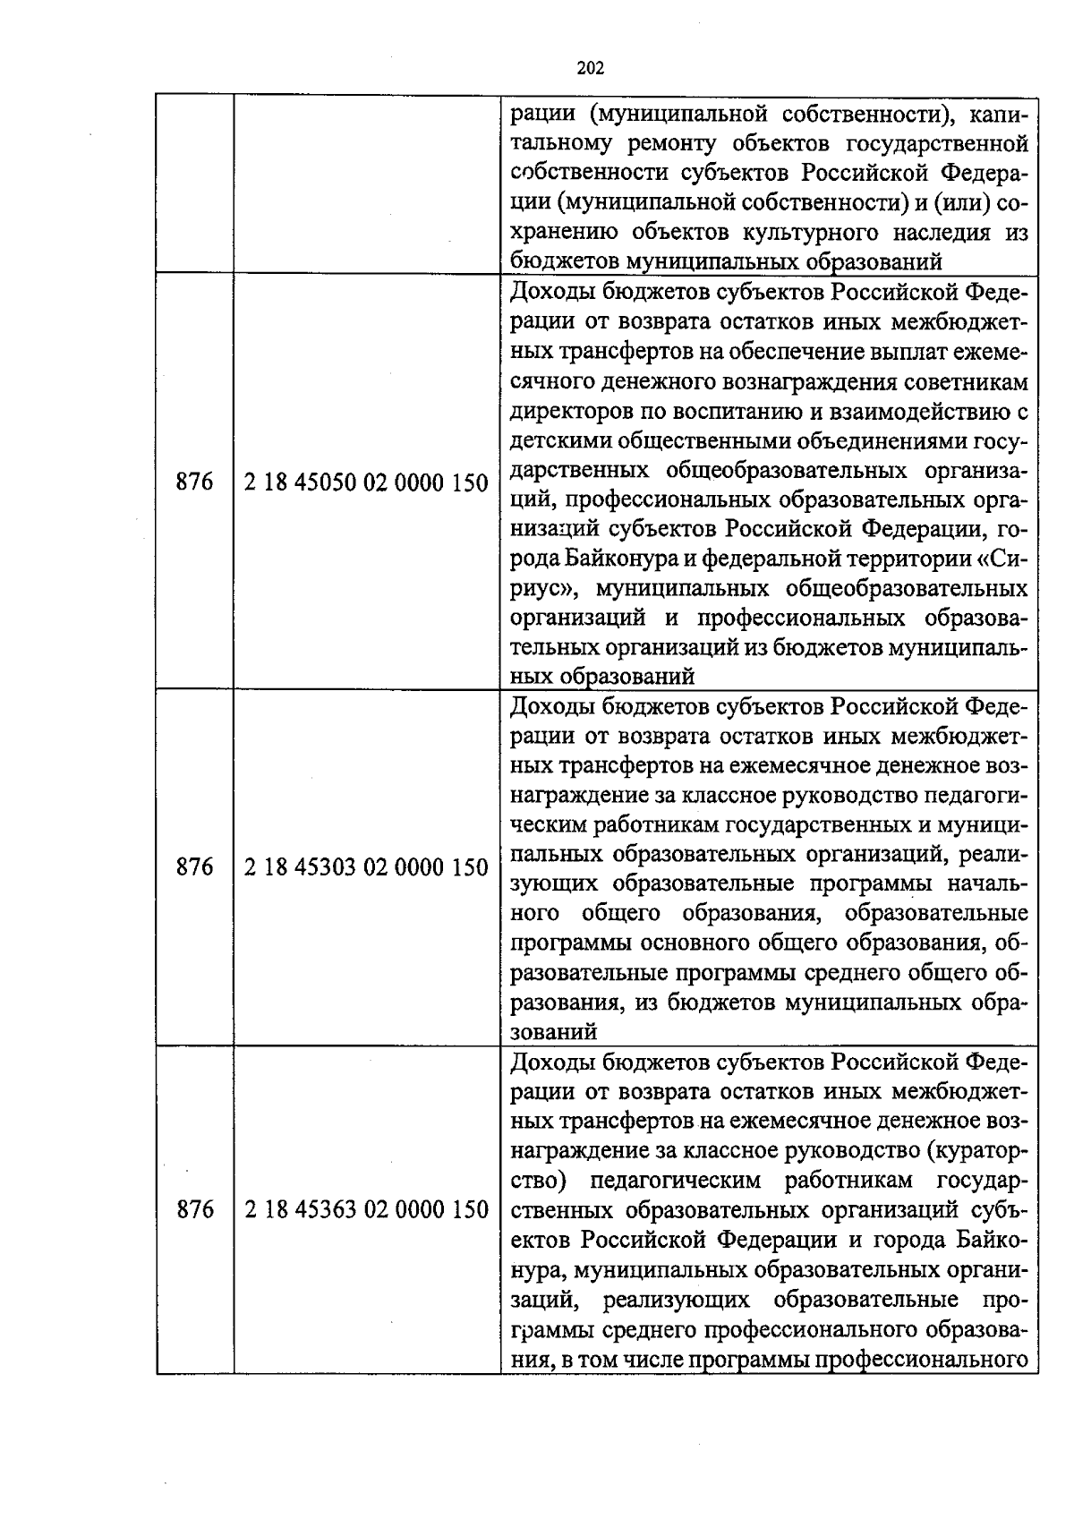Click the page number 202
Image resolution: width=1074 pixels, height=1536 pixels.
coord(591,68)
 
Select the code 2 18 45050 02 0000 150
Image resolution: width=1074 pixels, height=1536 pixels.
coord(366,483)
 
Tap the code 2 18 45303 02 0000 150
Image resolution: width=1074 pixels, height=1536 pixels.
coord(366,867)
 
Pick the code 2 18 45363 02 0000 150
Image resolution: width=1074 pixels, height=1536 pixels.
coord(366,1210)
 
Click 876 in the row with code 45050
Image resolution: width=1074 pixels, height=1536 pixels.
coord(195,482)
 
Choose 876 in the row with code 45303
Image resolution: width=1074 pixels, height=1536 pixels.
coord(195,866)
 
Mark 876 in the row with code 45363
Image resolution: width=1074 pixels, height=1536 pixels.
coord(195,1209)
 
